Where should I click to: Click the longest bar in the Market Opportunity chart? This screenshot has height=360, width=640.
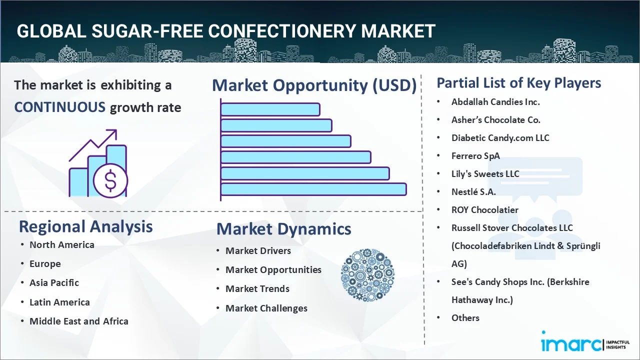313,189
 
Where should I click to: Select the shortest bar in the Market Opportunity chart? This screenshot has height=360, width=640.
270,109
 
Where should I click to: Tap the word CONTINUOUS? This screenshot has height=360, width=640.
59,107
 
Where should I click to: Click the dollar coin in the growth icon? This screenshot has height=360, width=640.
110,180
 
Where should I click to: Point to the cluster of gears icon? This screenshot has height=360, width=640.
367,274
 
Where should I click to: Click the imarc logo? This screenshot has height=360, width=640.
569,344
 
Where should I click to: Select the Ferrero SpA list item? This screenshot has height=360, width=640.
475,156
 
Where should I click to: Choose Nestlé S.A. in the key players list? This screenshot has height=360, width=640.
473,191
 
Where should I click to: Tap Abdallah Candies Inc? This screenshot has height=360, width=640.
495,102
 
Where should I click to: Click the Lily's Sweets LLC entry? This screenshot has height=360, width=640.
485,174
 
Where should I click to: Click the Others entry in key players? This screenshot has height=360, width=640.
465,318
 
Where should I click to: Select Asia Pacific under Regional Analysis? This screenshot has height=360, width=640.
54,283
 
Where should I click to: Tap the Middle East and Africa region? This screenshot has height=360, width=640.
78,321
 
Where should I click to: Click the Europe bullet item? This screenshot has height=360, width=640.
45,264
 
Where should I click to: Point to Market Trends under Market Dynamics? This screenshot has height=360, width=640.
257,289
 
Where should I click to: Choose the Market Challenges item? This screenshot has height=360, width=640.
266,308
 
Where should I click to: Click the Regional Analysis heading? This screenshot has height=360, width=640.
85,226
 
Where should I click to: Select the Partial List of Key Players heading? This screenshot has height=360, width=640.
518,83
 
